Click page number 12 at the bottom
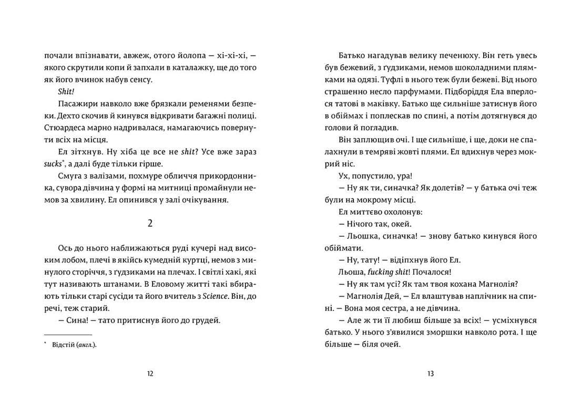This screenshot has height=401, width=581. point(150,374)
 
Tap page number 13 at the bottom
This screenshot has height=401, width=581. point(430,374)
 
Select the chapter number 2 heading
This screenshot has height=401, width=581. point(150,223)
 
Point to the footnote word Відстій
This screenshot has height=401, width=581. point(63,345)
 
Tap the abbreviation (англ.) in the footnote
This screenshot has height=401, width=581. point(87,345)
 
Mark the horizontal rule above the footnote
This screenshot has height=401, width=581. point(68,335)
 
